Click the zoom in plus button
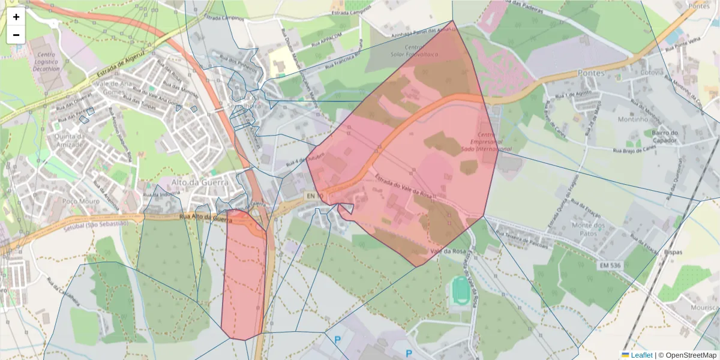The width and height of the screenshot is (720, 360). (x=16, y=17)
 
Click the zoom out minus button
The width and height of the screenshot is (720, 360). (x=16, y=35)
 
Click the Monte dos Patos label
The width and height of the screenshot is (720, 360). (x=590, y=229)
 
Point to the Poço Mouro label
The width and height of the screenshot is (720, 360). (x=80, y=201)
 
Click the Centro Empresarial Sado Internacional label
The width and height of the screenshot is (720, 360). (x=487, y=141)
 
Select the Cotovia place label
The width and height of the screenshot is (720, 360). (x=652, y=72)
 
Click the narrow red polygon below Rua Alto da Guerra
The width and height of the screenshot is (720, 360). (x=244, y=282)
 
